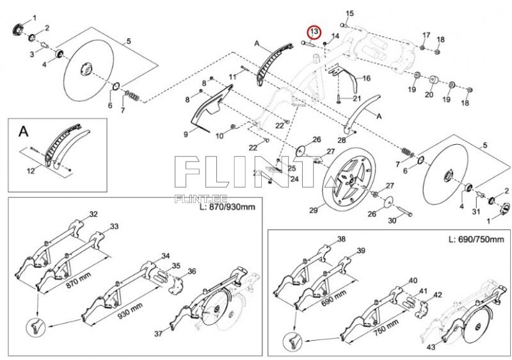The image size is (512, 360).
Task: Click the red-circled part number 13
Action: [314, 31]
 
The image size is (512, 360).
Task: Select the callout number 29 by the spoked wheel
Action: [314, 210]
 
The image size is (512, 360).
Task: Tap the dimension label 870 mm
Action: [79, 279]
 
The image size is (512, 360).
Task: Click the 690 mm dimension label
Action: [333, 299]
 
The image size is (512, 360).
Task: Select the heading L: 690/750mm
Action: [476, 239]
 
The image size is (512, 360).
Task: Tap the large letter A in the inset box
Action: [24, 131]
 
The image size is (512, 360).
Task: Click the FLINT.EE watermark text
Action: [201, 199]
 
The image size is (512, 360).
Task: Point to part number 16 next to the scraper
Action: [366, 78]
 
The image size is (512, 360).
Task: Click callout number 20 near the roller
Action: [429, 94]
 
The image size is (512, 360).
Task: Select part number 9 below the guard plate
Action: [186, 134]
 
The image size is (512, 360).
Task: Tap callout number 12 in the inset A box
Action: [31, 171]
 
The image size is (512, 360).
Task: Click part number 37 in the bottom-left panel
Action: [158, 334]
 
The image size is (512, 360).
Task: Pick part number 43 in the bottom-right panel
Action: [431, 347]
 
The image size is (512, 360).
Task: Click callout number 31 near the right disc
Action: [476, 211]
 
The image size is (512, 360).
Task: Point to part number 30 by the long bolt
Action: [392, 220]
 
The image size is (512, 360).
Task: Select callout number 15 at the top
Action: [349, 13]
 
